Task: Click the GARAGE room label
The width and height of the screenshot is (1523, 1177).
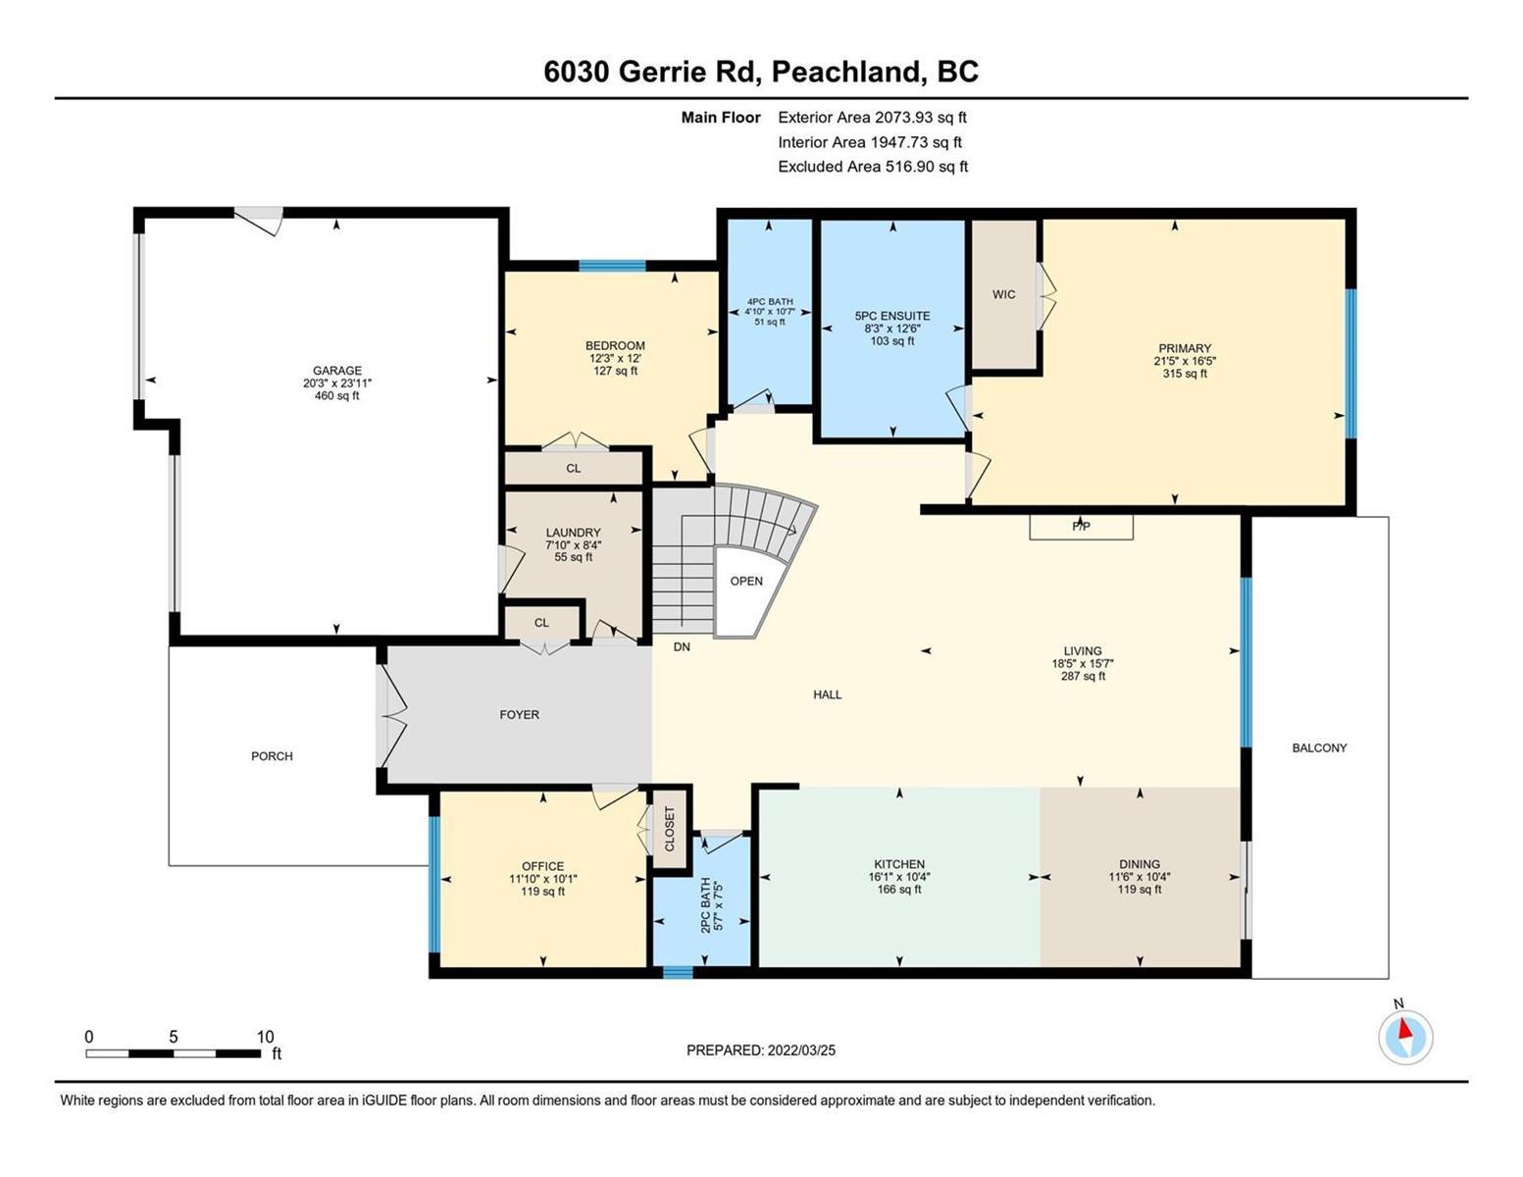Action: click(x=337, y=370)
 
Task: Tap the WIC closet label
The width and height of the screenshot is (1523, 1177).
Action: click(x=1003, y=294)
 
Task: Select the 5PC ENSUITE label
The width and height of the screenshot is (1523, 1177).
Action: click(x=892, y=316)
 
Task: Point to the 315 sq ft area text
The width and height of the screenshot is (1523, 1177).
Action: click(x=1185, y=374)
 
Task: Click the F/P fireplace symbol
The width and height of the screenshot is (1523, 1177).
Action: click(x=1081, y=527)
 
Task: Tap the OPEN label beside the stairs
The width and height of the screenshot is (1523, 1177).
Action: click(x=746, y=581)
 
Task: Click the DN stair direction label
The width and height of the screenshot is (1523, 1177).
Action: click(x=682, y=647)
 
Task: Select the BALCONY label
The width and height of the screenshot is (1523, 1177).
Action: click(x=1320, y=748)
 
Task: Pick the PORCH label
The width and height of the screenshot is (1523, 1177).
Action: click(x=272, y=755)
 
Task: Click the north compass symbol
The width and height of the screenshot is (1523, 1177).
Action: click(x=1405, y=1037)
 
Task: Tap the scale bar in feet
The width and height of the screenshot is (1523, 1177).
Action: click(x=174, y=1053)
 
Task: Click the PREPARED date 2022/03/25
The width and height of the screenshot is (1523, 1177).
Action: click(x=801, y=1050)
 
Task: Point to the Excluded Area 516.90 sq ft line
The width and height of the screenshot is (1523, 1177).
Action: click(x=873, y=167)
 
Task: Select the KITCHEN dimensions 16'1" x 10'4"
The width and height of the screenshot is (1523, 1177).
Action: click(x=899, y=877)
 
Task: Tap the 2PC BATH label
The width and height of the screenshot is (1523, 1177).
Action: click(x=705, y=905)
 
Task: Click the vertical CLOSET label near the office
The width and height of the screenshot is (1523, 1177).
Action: click(x=670, y=829)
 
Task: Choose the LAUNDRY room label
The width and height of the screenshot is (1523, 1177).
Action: click(x=574, y=533)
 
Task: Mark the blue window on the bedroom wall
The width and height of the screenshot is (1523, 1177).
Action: click(x=612, y=266)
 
